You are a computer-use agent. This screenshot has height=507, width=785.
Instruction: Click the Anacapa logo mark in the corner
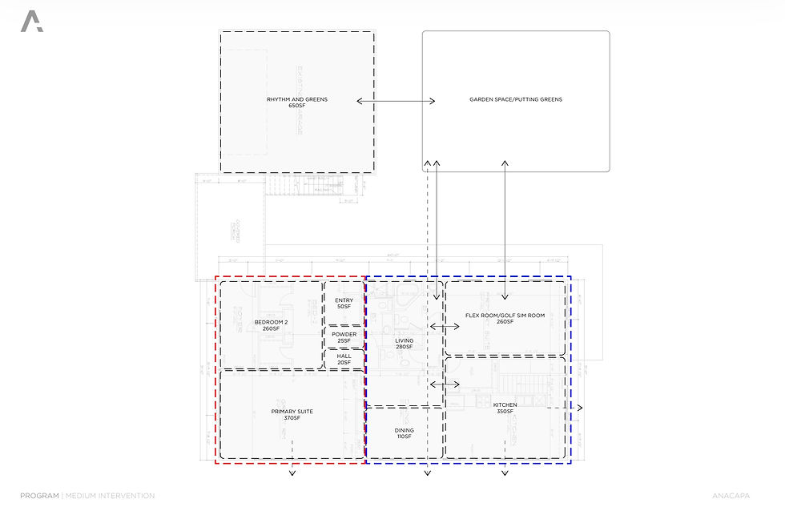pyautogui.click(x=32, y=22)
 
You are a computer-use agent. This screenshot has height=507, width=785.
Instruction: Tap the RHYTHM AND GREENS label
pyautogui.click(x=297, y=100)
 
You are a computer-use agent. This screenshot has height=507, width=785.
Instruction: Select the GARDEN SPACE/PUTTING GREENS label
pyautogui.click(x=516, y=100)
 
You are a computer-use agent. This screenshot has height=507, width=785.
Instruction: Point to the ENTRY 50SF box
pyautogui.click(x=344, y=303)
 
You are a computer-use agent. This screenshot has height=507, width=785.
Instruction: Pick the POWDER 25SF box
pyautogui.click(x=344, y=338)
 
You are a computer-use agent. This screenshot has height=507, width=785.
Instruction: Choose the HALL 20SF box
pyautogui.click(x=344, y=359)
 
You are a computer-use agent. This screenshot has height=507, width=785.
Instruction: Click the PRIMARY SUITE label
pyautogui.click(x=292, y=412)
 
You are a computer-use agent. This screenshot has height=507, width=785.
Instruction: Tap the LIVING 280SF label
pyautogui.click(x=404, y=344)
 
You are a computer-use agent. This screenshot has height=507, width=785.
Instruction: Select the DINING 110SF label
pyautogui.click(x=404, y=433)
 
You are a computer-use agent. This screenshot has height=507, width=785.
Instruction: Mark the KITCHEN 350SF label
pyautogui.click(x=505, y=408)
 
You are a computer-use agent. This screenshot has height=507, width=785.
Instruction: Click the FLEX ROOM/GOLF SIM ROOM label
pyautogui.click(x=505, y=316)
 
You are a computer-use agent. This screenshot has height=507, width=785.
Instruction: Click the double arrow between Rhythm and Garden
pyautogui.click(x=396, y=101)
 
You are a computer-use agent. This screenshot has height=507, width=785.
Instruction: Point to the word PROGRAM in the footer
pyautogui.click(x=39, y=497)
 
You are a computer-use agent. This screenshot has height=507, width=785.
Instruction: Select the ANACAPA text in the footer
pyautogui.click(x=729, y=497)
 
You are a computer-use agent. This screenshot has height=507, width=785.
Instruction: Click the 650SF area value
pyautogui.click(x=297, y=106)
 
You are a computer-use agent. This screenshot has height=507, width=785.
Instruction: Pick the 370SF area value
pyautogui.click(x=292, y=418)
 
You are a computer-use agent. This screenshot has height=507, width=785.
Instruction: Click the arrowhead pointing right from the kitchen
pyautogui.click(x=580, y=408)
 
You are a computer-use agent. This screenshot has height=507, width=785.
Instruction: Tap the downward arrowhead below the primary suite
pyautogui.click(x=292, y=474)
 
